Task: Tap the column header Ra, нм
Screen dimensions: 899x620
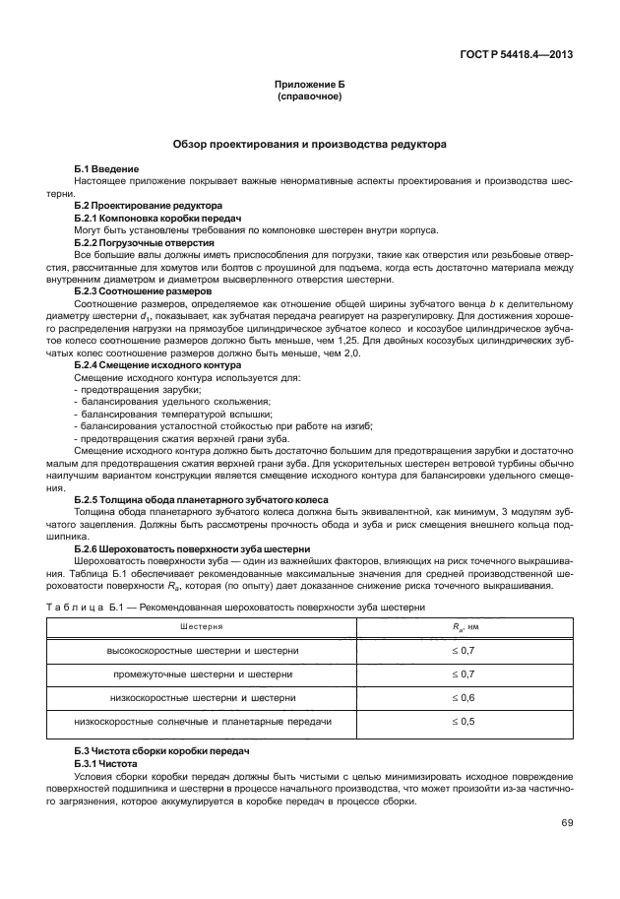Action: (464, 626)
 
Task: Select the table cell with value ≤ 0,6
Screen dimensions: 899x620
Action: (463, 697)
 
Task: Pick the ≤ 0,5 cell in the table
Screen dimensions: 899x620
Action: (463, 721)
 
